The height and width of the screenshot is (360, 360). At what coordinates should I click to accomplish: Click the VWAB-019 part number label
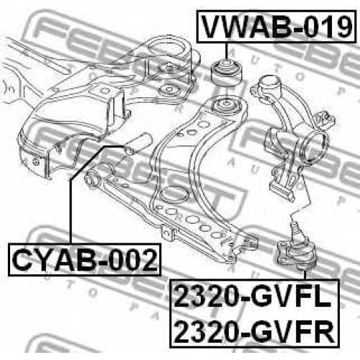[276, 27]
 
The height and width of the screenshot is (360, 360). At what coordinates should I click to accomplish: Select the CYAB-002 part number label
[85, 259]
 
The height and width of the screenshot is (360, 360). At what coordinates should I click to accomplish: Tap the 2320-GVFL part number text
[253, 297]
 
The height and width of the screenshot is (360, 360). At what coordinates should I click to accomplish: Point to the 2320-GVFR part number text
[254, 330]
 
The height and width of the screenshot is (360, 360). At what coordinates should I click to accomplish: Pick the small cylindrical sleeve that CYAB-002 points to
[138, 144]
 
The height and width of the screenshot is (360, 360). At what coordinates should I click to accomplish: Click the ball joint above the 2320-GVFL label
[297, 252]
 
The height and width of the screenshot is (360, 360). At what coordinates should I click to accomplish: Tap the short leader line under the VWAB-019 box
[226, 50]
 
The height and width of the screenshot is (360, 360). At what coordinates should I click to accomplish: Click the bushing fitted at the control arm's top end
[226, 106]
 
